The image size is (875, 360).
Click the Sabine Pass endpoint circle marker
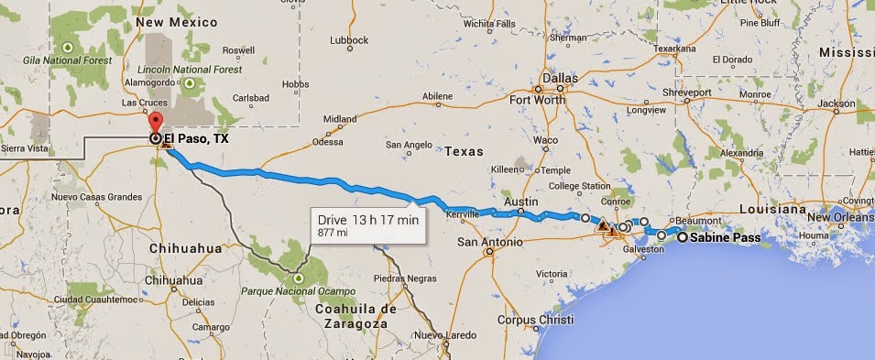(683, 237)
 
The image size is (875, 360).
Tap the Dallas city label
(559, 80)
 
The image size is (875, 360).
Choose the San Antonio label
(489, 243)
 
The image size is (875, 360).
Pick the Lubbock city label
(348, 39)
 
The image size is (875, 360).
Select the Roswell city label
(238, 49)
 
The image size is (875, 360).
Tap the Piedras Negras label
(403, 278)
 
